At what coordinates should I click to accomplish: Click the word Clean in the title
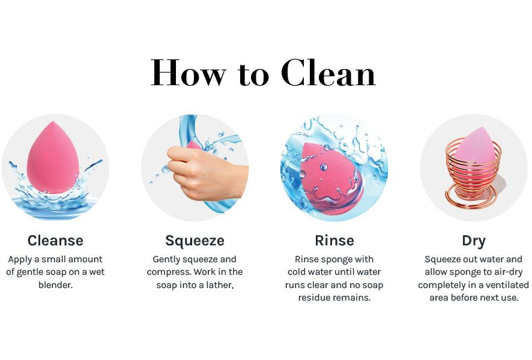pos(328,73)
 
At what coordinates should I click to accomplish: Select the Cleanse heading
pos(55,241)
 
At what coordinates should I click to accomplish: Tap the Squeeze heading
pos(195,241)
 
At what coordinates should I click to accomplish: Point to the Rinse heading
pos(334,241)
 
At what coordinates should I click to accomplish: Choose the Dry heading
pos(474,241)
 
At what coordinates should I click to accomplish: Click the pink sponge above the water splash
pos(53,158)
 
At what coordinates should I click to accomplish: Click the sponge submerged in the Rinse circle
pos(331,179)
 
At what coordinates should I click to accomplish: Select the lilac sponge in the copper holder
pos(476,146)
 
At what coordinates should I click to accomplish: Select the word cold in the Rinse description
pos(296,272)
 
